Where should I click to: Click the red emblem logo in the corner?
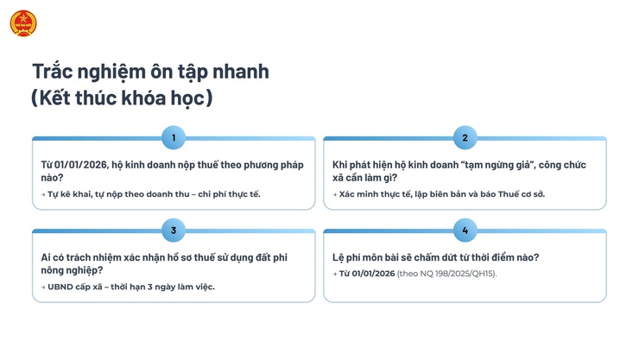tap(22, 22)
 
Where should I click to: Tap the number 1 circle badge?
tap(174, 137)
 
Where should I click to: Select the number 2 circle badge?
tap(465, 137)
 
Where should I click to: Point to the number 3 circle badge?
tap(174, 231)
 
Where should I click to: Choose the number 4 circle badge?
tap(465, 231)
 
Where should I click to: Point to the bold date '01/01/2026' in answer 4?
tap(367, 274)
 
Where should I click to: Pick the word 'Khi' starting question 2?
tap(341, 164)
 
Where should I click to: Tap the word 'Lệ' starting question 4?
tap(338, 257)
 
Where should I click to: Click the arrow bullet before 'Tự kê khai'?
tap(43, 194)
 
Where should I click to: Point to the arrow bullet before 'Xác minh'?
tap(335, 194)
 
